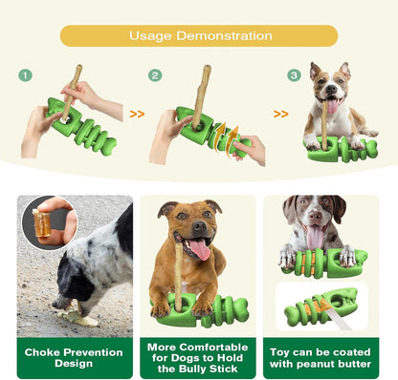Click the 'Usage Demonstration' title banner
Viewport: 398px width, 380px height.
(198, 36)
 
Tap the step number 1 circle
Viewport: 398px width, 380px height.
(26, 75)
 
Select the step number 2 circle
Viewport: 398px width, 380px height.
(155, 75)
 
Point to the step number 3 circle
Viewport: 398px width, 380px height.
(295, 75)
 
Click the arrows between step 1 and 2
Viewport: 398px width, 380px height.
(137, 114)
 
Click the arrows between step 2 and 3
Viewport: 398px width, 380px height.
(280, 114)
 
